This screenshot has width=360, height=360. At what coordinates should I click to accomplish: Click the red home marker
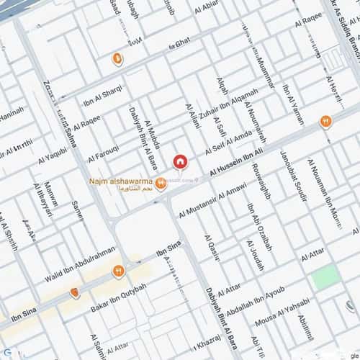coord(181,161)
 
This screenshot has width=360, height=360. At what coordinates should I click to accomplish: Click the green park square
coord(325,277)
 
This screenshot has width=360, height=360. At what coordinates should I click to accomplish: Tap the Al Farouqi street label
coord(103,153)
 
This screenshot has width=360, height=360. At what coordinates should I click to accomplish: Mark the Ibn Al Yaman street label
coord(293,105)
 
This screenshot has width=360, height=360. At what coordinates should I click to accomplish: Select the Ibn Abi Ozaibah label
coord(260,228)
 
